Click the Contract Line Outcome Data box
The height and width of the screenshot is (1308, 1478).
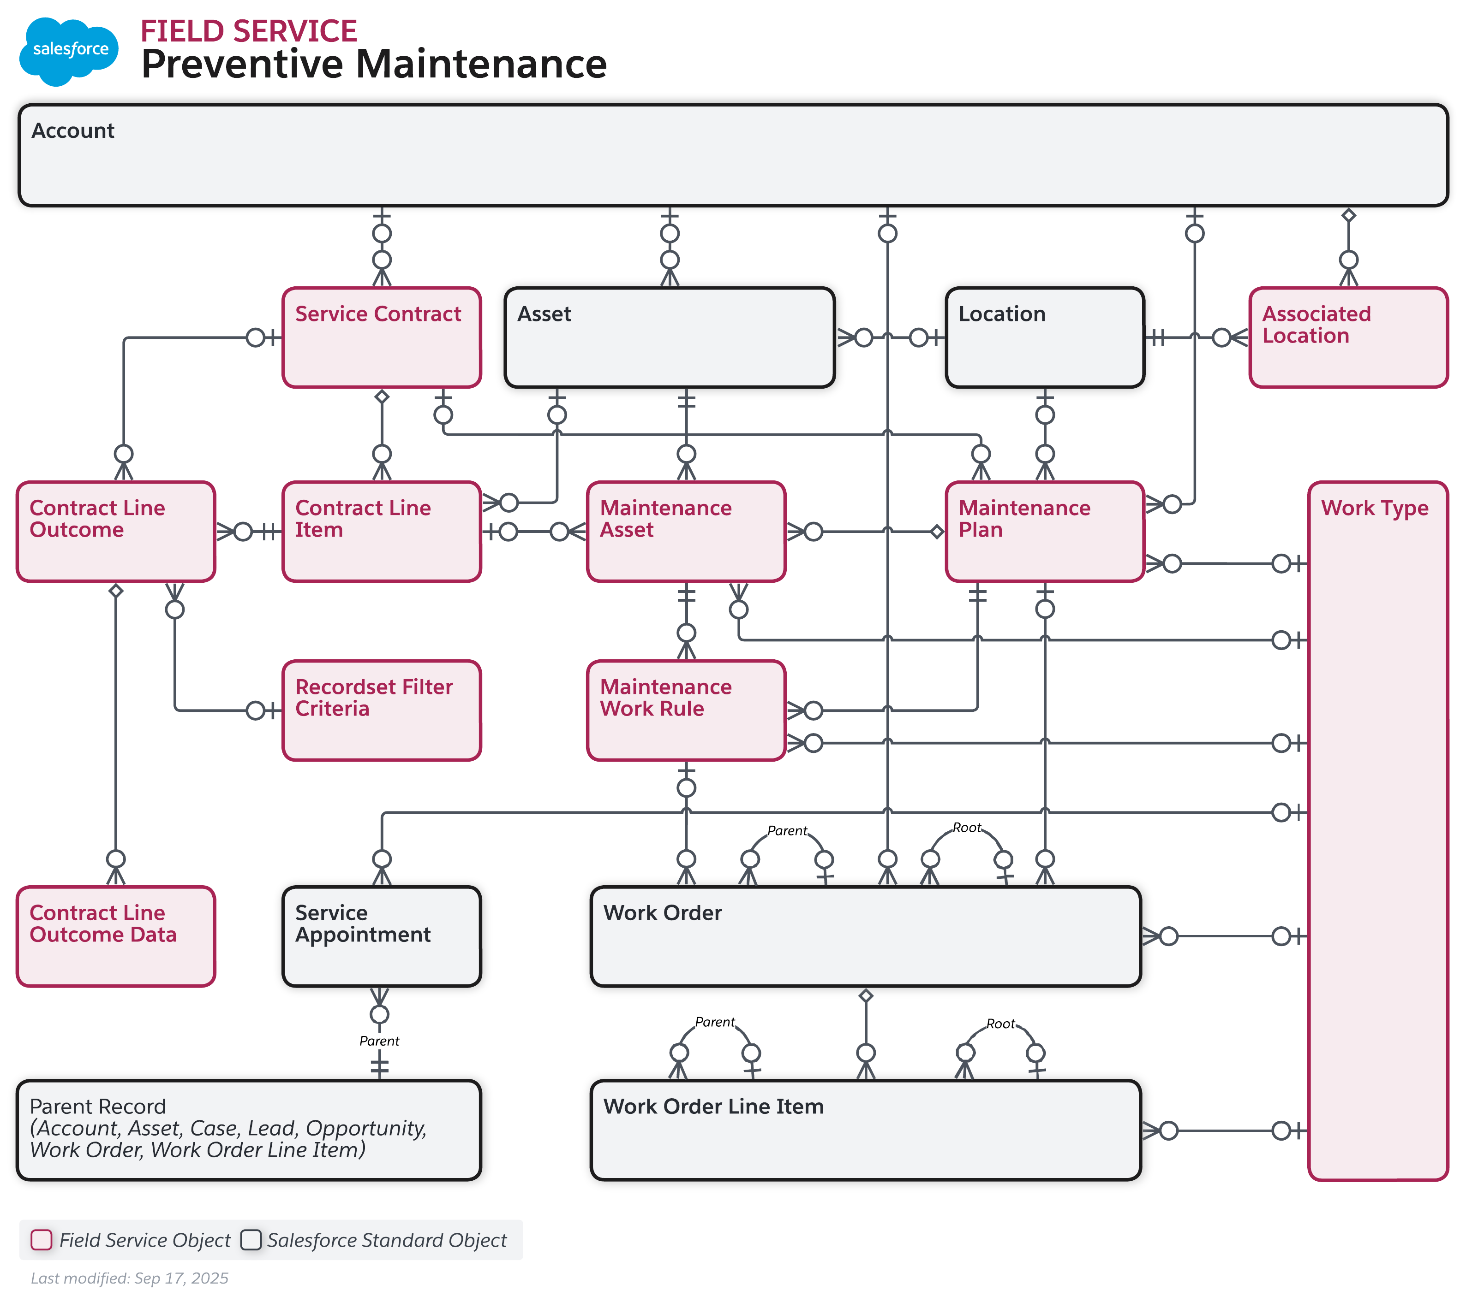(116, 936)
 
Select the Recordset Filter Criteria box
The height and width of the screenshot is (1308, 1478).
(382, 710)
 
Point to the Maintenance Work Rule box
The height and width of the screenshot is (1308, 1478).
(686, 710)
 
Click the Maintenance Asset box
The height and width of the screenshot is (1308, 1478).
(686, 532)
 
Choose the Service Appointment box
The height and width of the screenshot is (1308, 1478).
(382, 936)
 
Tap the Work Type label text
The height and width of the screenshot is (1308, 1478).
(1375, 508)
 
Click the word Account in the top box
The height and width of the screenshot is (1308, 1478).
(73, 131)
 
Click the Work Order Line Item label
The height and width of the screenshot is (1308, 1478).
(713, 1107)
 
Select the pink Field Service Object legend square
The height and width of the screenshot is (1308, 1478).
(41, 1240)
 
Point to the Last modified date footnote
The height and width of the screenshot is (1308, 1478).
(129, 1278)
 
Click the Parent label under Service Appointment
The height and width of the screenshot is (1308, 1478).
(379, 1041)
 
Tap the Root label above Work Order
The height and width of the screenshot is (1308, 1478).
(966, 828)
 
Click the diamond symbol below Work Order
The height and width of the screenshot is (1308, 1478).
(866, 996)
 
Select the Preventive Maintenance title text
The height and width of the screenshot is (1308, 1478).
(374, 64)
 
